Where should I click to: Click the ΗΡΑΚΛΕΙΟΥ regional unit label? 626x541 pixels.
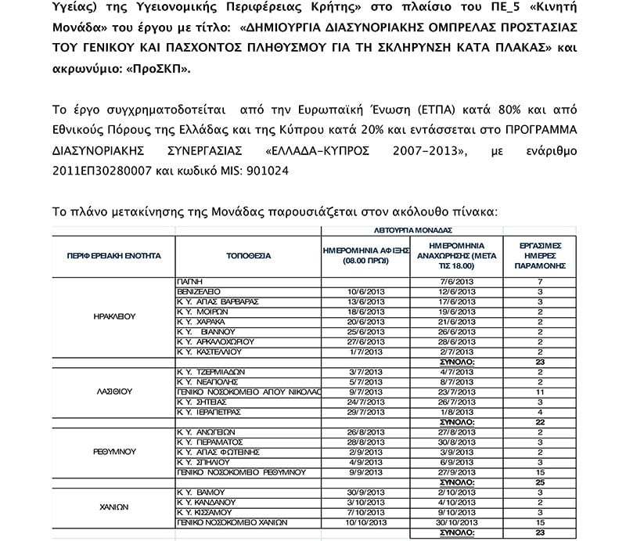tap(113, 317)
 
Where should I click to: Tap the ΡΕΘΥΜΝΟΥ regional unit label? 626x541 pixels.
tap(114, 452)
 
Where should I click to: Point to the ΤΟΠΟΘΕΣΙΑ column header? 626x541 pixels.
tap(248, 255)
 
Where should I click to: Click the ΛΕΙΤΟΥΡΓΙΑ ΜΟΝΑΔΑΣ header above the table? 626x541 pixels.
tap(414, 231)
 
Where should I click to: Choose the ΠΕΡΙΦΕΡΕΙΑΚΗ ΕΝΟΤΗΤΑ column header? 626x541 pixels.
tap(114, 255)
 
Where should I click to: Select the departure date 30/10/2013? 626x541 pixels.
tap(458, 522)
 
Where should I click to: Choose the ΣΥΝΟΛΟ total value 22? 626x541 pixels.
tap(539, 422)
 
